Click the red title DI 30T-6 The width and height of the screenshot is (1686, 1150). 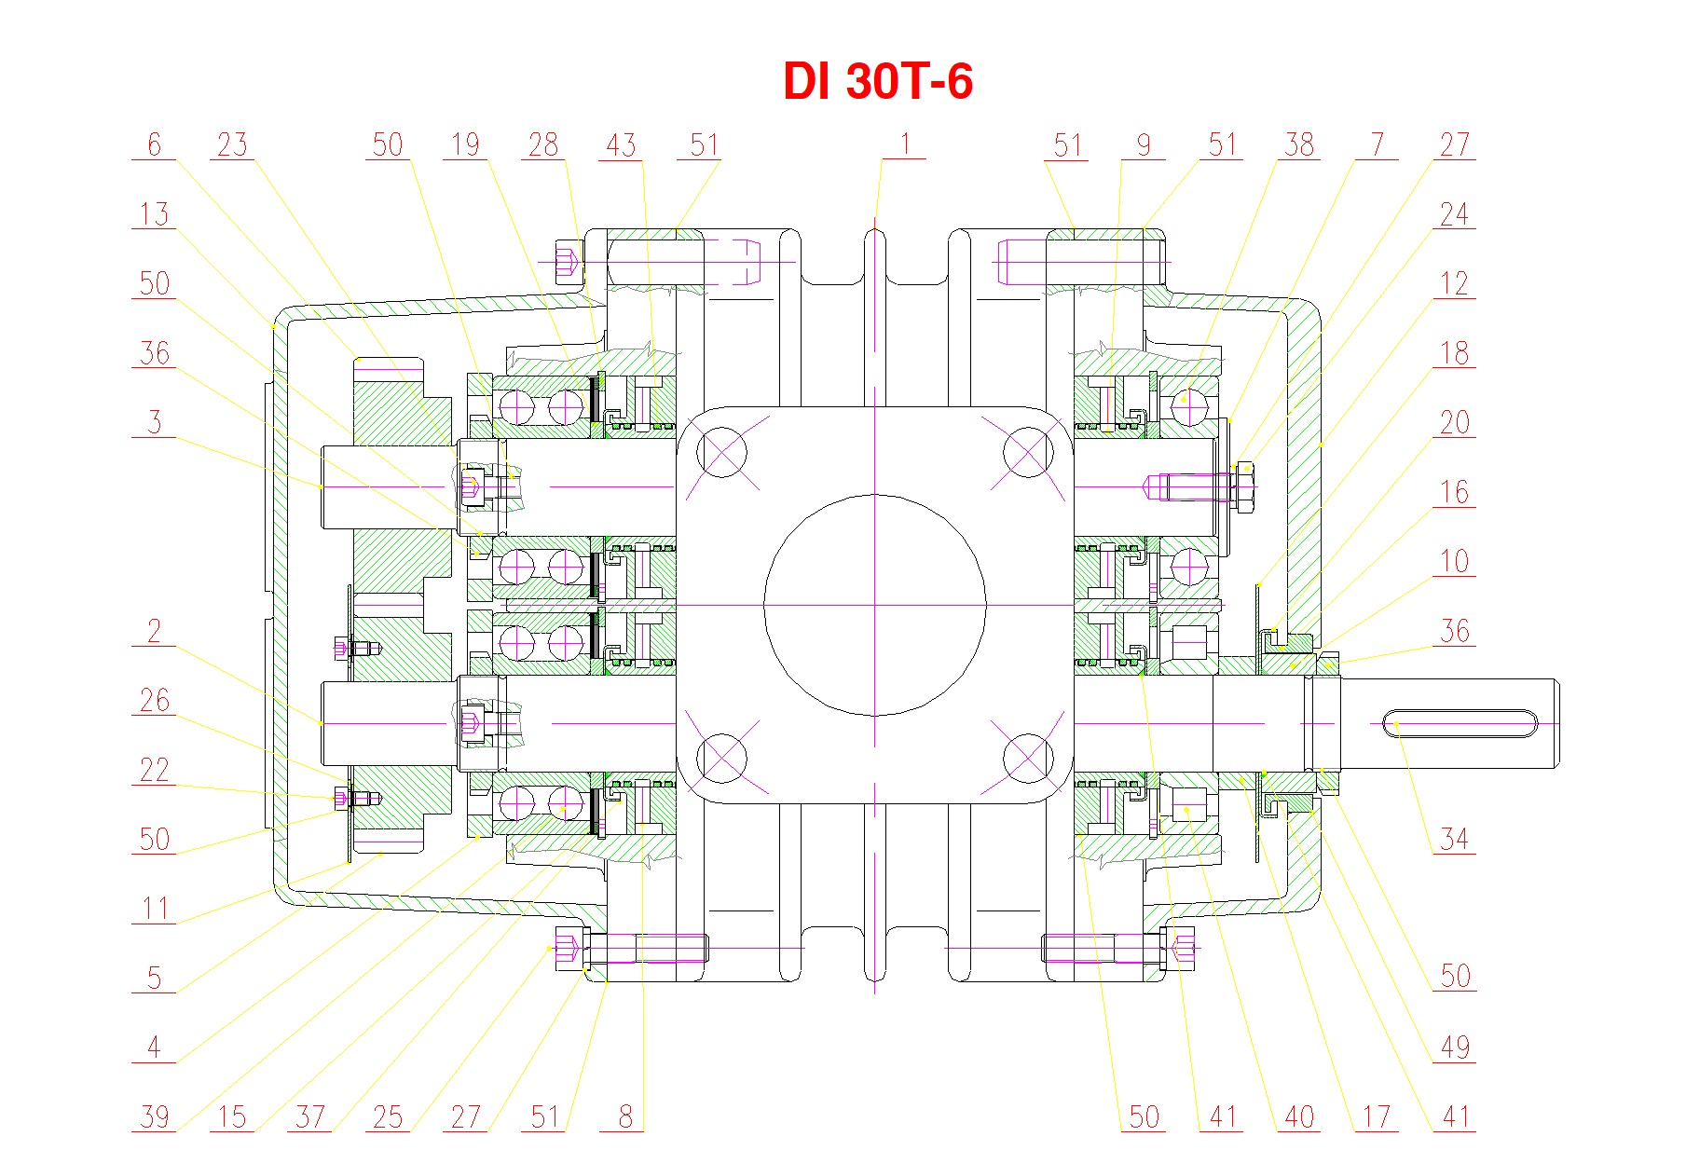pyautogui.click(x=877, y=81)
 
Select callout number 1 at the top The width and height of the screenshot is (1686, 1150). pyautogui.click(x=904, y=144)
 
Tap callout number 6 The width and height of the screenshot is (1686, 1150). pyautogui.click(x=154, y=144)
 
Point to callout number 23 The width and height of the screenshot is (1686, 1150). pyautogui.click(x=232, y=144)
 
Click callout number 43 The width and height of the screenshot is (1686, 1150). pyautogui.click(x=621, y=144)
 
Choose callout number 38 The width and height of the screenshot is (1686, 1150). pyautogui.click(x=1299, y=144)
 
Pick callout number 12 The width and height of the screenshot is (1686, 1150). pyautogui.click(x=1454, y=283)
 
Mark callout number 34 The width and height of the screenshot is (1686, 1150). pyautogui.click(x=1454, y=839)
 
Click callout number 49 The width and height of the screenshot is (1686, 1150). pyautogui.click(x=1454, y=1047)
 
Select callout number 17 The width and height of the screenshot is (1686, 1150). pyautogui.click(x=1377, y=1116)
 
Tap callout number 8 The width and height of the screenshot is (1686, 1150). pyautogui.click(x=624, y=1116)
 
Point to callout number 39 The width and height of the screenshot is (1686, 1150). pyautogui.click(x=154, y=1116)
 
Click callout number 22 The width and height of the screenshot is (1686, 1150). pyautogui.click(x=154, y=770)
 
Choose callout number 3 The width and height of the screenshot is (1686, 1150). pyautogui.click(x=154, y=422)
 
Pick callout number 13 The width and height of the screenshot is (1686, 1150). pyautogui.click(x=154, y=214)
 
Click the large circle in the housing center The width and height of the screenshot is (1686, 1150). pyautogui.click(x=874, y=606)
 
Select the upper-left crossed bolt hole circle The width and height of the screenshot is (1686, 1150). pyautogui.click(x=721, y=453)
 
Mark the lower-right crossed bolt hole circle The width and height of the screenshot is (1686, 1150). pyautogui.click(x=1027, y=758)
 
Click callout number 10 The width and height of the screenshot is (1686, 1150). pyautogui.click(x=1454, y=561)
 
